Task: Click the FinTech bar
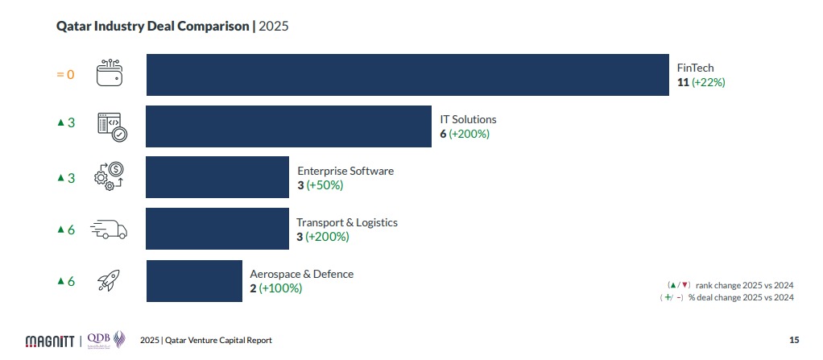click(407, 75)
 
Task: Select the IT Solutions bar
click(288, 126)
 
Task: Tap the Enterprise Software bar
click(217, 178)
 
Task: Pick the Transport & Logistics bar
click(217, 230)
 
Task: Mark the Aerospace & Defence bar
click(194, 281)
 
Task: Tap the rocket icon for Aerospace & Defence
click(109, 281)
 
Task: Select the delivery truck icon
click(109, 230)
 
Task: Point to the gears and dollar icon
click(110, 177)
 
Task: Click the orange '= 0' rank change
click(65, 74)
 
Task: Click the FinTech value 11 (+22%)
click(701, 82)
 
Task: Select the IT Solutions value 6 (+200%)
click(465, 134)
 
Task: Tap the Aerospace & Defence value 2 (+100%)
click(275, 288)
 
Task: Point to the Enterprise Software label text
click(345, 171)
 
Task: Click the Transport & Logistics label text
click(347, 222)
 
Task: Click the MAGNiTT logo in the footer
click(51, 340)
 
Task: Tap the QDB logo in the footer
click(105, 338)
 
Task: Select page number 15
click(793, 340)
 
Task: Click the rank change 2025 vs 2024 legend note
click(730, 285)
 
